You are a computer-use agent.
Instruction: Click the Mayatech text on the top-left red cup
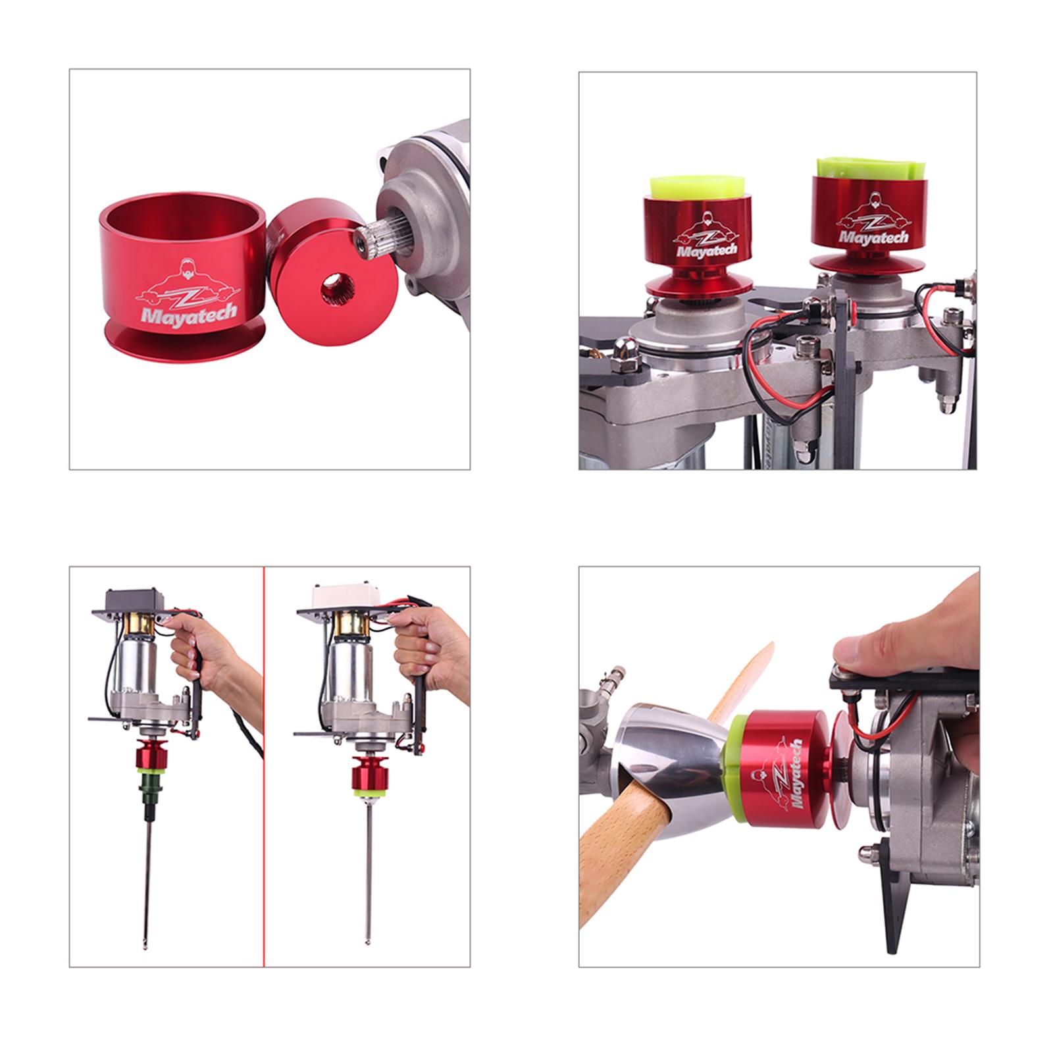[x=189, y=313]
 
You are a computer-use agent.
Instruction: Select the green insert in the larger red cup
[x=868, y=168]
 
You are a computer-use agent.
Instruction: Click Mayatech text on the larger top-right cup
[x=873, y=236]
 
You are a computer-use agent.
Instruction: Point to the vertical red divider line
[x=264, y=766]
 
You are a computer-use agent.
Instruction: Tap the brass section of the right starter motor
[x=348, y=627]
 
